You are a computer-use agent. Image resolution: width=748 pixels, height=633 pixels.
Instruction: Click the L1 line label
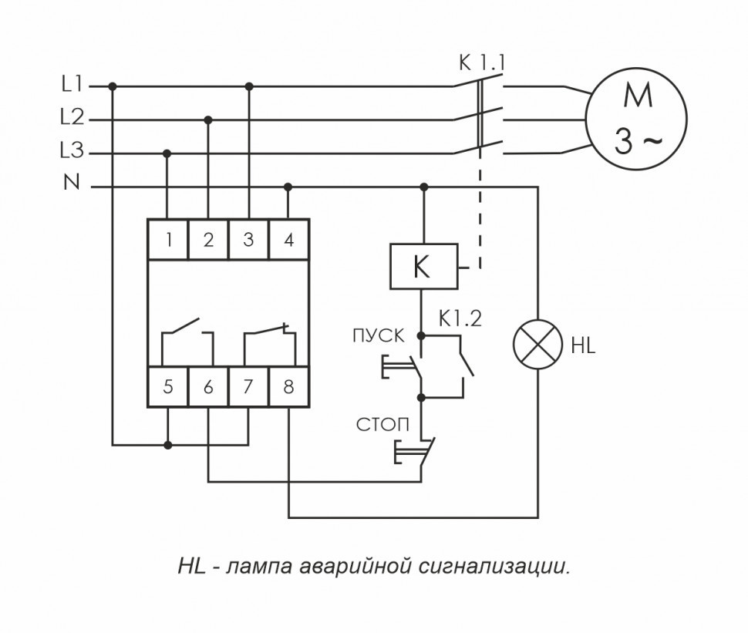72,86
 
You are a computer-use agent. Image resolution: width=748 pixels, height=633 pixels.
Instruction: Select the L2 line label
72,119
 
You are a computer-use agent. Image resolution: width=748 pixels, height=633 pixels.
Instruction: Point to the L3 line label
72,152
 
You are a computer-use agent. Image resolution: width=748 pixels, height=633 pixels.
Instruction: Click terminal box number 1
168,240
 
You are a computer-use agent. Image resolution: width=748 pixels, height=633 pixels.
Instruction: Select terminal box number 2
208,240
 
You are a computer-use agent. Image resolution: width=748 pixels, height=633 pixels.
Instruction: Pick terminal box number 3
248,240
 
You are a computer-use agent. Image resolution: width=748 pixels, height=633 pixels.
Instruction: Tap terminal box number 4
288,240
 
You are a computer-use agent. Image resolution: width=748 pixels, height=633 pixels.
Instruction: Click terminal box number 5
168,387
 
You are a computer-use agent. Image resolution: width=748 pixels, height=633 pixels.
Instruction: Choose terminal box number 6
208,387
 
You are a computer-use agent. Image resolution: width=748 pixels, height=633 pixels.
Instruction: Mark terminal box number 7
248,387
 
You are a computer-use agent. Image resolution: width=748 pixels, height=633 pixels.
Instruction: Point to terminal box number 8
288,387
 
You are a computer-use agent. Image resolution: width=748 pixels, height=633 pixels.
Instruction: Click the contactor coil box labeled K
422,267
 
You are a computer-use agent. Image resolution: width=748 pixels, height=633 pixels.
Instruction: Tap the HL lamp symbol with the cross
537,346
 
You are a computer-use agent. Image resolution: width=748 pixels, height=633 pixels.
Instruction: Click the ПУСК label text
378,335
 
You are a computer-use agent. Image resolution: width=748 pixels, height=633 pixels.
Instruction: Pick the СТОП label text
378,425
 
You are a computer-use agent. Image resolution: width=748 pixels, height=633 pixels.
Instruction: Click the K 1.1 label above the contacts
481,62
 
